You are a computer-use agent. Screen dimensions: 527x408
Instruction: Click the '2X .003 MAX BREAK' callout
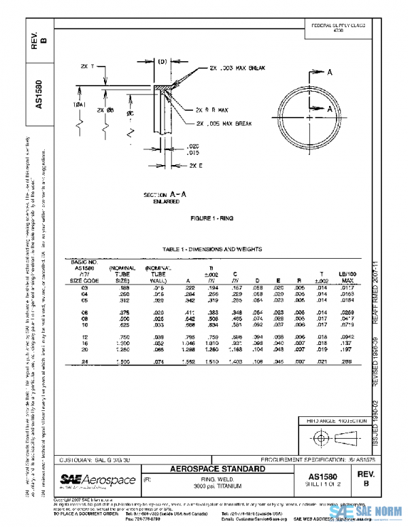236,69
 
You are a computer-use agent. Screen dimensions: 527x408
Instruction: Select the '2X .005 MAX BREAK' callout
224,124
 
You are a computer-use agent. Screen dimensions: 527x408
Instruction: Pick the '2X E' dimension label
197,166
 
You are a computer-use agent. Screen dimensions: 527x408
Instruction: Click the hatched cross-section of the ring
164,88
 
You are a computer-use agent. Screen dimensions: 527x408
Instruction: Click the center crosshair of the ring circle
311,117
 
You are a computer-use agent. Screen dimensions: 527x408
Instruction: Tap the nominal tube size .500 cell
123,319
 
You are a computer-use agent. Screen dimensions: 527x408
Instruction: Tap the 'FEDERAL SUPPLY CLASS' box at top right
338,28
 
